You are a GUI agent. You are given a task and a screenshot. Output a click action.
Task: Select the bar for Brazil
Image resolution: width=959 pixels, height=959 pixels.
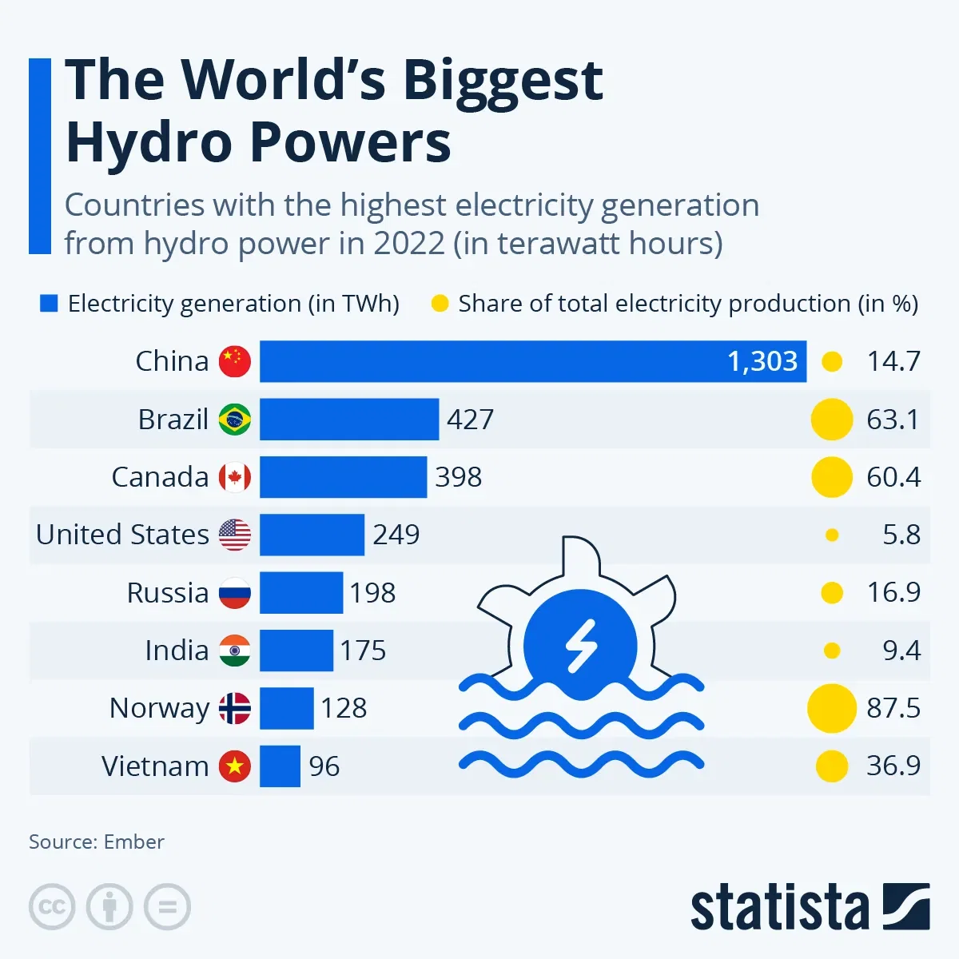click(349, 419)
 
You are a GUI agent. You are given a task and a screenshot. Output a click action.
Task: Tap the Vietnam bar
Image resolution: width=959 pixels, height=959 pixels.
click(280, 766)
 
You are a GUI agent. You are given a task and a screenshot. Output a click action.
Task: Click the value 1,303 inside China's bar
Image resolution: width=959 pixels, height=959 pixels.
click(762, 361)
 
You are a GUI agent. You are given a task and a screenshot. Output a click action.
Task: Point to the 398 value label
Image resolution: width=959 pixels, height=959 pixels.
click(459, 477)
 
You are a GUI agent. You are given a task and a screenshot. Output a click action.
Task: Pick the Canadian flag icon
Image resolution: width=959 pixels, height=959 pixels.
click(235, 477)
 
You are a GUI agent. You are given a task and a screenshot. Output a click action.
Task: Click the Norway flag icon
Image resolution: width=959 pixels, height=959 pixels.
click(235, 708)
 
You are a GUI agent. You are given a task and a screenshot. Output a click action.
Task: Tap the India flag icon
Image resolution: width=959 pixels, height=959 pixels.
click(235, 651)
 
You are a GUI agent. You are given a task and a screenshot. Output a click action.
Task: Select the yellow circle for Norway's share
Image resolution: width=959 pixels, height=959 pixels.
click(831, 708)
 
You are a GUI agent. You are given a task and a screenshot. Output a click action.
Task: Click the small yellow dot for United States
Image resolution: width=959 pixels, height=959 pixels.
click(832, 535)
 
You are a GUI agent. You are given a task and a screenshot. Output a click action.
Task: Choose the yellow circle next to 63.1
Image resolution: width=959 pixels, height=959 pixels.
click(832, 419)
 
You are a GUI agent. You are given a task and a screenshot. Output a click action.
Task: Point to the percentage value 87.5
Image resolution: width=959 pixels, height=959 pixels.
click(893, 708)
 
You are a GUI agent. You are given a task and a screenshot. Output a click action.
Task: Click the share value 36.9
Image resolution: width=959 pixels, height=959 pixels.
click(893, 766)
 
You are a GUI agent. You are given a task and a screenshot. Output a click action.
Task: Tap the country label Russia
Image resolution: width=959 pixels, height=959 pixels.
click(167, 593)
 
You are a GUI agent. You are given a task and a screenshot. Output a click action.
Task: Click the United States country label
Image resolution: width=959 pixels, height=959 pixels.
click(122, 535)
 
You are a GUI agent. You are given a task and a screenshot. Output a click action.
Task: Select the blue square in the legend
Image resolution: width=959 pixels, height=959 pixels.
click(49, 304)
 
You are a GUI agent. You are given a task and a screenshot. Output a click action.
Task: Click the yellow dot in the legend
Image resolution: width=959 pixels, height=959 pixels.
click(440, 304)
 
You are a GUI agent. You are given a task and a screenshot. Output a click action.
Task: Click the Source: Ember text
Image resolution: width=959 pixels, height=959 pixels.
click(97, 842)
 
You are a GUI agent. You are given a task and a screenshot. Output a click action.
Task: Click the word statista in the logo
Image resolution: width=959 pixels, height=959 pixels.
click(779, 909)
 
